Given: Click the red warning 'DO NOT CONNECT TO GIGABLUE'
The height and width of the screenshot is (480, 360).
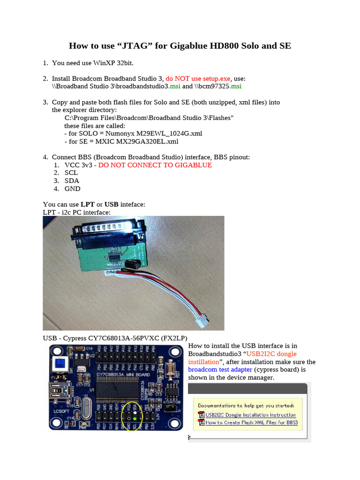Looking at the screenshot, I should point(155,165).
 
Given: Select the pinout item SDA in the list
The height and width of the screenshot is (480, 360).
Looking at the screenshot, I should point(72,180).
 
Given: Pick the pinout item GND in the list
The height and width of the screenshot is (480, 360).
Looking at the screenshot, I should point(72,188).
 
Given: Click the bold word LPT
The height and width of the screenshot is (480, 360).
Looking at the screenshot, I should point(87,204).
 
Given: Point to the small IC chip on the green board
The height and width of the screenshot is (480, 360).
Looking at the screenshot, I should point(114,255).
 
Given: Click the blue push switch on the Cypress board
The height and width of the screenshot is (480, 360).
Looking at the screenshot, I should point(59,363).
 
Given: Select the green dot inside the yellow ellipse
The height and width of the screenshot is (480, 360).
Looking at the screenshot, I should point(135,419).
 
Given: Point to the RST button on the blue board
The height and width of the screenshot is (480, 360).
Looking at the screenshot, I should point(169,369).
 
